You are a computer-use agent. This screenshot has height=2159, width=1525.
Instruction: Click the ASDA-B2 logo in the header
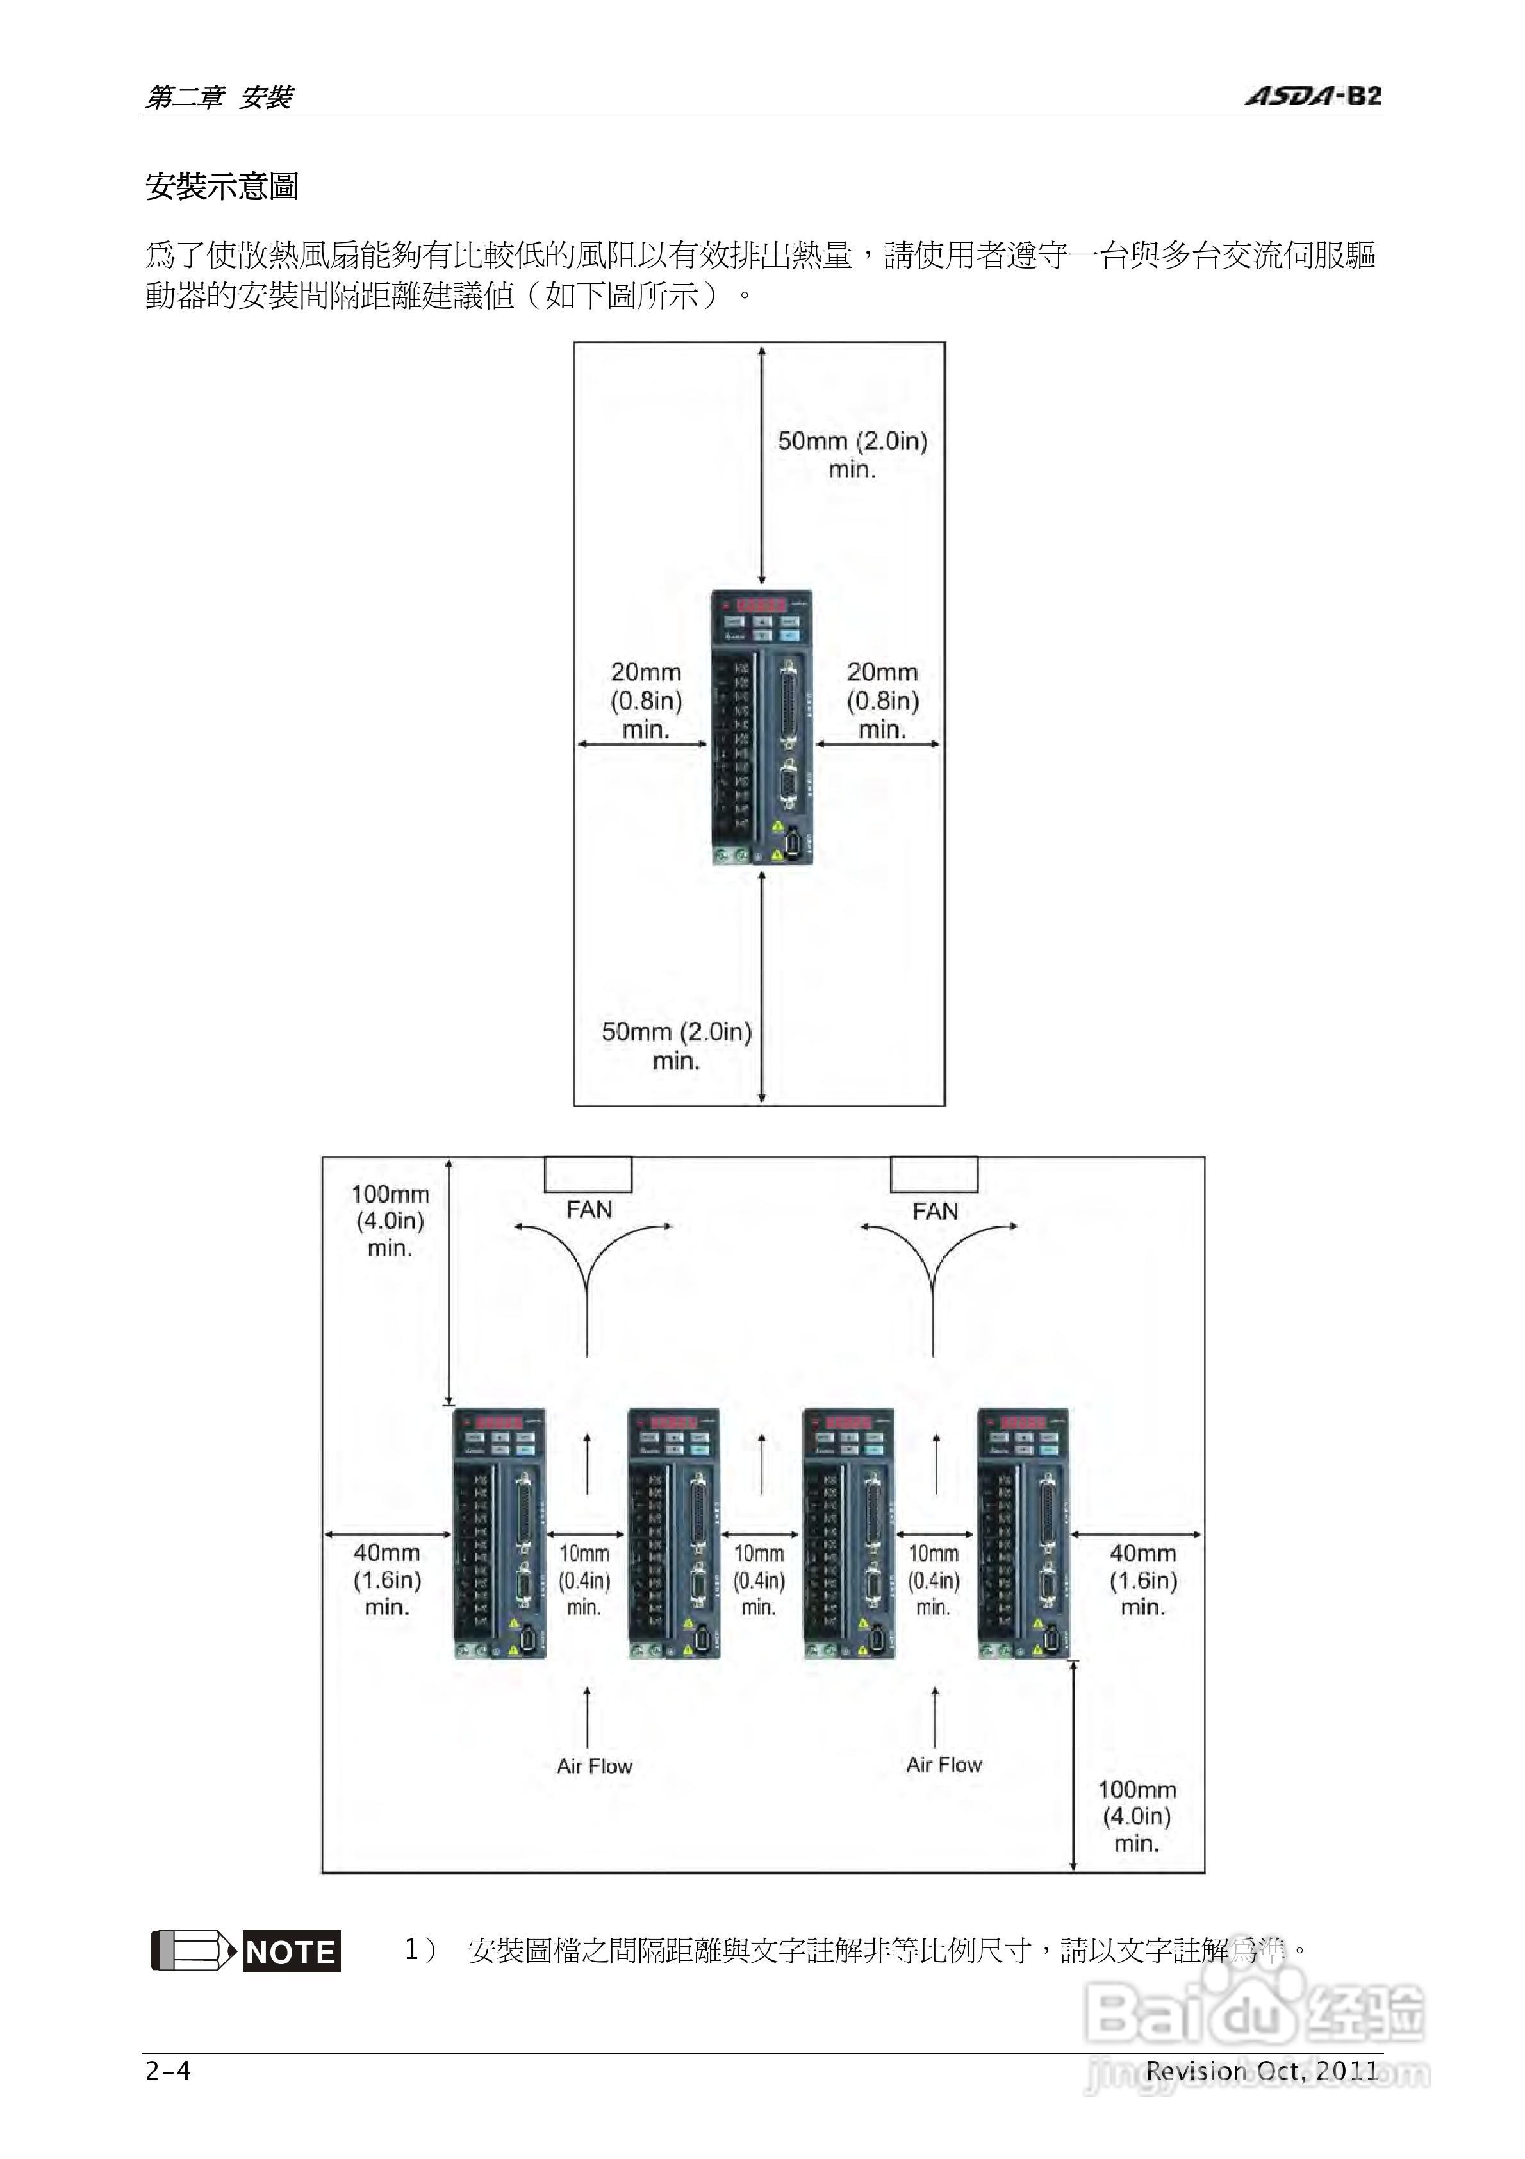pyautogui.click(x=1312, y=96)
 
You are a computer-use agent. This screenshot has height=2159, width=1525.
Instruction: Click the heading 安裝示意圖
pyautogui.click(x=222, y=186)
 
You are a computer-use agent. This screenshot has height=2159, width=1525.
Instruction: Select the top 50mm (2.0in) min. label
pyautogui.click(x=852, y=454)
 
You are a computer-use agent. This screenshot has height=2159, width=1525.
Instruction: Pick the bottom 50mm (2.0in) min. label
pyautogui.click(x=676, y=1046)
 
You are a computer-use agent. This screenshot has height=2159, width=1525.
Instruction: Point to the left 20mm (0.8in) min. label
pyautogui.click(x=646, y=701)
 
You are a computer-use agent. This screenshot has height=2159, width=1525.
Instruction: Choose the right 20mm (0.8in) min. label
pyautogui.click(x=882, y=701)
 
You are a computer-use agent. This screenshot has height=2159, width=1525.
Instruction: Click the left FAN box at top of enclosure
pyautogui.click(x=588, y=1174)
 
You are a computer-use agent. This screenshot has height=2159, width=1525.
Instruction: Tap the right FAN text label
pyautogui.click(x=935, y=1211)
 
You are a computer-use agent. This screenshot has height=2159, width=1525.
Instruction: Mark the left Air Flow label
pyautogui.click(x=594, y=1766)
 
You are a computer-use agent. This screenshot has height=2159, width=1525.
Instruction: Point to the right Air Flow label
pyautogui.click(x=943, y=1764)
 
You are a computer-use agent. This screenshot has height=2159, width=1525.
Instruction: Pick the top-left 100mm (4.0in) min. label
pyautogui.click(x=389, y=1221)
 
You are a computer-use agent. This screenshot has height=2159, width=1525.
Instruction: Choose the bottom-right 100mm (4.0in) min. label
pyautogui.click(x=1137, y=1816)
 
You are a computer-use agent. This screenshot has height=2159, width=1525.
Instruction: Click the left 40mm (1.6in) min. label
pyautogui.click(x=386, y=1580)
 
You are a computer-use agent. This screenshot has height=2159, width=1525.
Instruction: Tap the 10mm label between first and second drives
pyautogui.click(x=584, y=1580)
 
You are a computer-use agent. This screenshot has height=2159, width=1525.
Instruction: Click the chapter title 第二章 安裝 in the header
pyautogui.click(x=219, y=97)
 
